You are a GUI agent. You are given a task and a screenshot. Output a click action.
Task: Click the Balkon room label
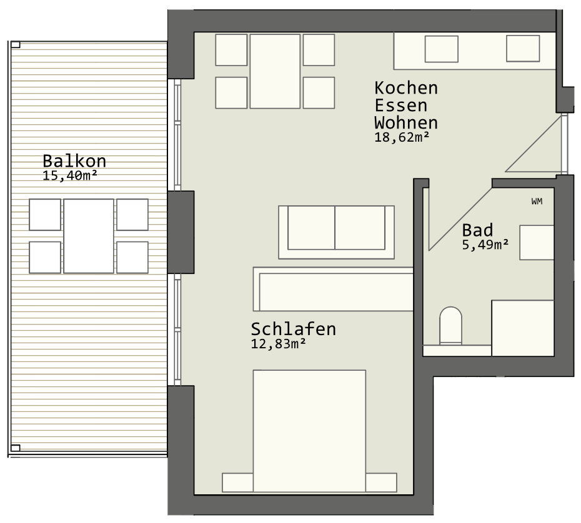coord(74,161)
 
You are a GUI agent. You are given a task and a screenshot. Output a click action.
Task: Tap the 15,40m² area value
coord(70,175)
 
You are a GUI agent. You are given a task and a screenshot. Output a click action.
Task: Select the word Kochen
coord(406,88)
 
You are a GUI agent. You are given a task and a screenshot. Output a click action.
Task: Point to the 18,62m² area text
coord(402,137)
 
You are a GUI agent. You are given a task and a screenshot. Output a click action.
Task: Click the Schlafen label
coord(294,329)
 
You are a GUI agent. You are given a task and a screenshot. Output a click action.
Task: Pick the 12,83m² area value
coord(278,344)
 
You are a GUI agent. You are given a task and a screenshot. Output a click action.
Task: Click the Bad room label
coord(477,230)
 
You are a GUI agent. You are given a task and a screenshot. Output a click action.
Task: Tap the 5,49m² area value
coord(485,245)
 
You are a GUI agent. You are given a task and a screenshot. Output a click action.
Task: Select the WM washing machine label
coord(537,202)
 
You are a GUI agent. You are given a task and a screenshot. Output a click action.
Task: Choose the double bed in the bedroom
coord(309,431)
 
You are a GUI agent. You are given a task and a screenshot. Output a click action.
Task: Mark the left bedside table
coord(237,482)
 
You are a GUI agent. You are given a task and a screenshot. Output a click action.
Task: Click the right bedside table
coord(381,482)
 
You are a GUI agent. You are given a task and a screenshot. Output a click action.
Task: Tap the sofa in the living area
coord(337,232)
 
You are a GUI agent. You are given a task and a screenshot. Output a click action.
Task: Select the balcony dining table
coord(89,236)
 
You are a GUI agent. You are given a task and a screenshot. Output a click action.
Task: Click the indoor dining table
coord(275,71)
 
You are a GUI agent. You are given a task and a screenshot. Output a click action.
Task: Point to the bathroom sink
coord(537,242)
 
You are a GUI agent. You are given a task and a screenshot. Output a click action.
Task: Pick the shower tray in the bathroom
coord(523,328)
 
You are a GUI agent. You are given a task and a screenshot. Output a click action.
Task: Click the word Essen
coord(401,105)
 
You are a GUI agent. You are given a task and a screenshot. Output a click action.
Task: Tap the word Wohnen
coord(406,122)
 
